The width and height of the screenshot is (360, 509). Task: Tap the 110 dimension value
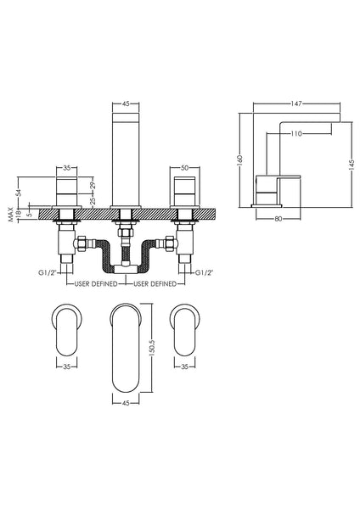(296, 133)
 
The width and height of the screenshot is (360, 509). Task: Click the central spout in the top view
(125, 348)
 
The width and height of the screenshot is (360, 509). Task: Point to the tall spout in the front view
(125, 153)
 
